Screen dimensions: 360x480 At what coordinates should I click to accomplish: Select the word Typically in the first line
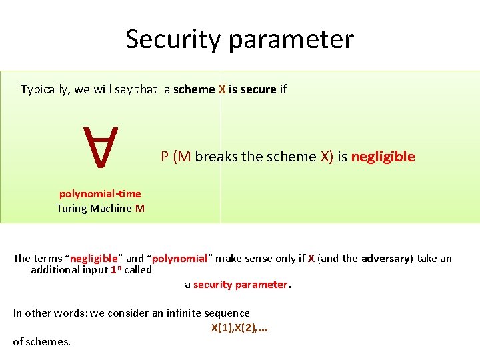point(45,89)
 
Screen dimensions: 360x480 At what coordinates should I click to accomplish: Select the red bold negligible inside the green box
point(383,157)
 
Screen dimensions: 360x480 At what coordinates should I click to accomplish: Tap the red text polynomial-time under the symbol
point(100,194)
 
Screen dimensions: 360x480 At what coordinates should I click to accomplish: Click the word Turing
point(75,209)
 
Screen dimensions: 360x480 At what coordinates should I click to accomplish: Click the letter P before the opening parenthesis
point(165,157)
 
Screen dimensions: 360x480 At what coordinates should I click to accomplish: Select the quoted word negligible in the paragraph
point(94,259)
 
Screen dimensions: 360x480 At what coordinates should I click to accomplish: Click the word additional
point(58,270)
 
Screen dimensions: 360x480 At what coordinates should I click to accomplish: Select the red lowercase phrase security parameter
point(240,285)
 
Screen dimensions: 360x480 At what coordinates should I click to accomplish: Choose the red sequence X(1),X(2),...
point(239,327)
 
